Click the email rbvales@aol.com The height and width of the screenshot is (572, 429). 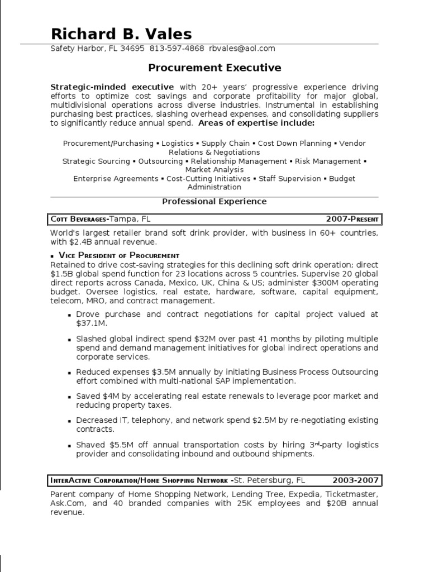[x=242, y=49]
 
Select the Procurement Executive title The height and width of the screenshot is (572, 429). [x=214, y=68]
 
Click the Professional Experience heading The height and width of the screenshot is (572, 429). [x=214, y=201]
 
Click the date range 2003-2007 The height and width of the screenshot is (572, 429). [x=356, y=480]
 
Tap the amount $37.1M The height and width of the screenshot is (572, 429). [x=92, y=323]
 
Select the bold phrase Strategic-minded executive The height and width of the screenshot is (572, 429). [x=112, y=87]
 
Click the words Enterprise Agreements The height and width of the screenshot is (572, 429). [x=116, y=179]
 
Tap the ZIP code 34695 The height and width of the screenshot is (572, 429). [x=134, y=49]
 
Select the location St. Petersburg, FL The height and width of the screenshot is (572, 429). [x=270, y=480]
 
